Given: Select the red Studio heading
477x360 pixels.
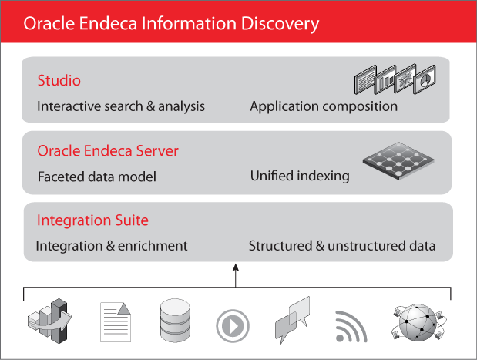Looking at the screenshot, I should coord(59,81).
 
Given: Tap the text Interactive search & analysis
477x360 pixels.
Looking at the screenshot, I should coord(121,106).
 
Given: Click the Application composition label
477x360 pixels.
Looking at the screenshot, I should coord(324,106).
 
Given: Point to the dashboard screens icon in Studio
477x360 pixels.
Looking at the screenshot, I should coord(395,79).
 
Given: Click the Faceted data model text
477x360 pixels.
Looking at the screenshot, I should coord(97,177).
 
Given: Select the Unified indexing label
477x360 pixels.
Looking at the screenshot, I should coord(300,177).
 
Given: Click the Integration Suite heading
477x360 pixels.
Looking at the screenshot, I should coord(92,221).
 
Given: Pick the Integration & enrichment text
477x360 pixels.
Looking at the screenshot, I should coord(112,246).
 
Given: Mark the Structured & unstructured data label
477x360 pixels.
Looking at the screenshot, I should coord(342,246).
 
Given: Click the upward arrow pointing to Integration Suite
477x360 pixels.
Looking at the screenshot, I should coord(237,274).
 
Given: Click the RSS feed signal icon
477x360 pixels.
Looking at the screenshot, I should coord(351,326).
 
